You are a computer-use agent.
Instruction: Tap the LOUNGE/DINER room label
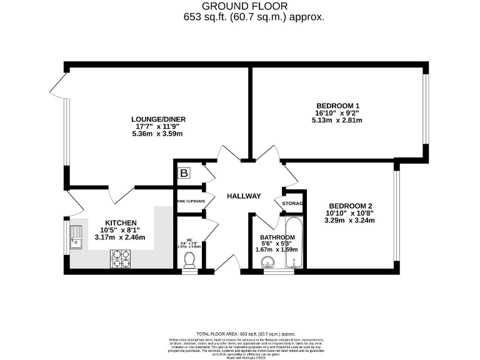coord(158,119)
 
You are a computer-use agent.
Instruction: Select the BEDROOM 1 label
coord(337,106)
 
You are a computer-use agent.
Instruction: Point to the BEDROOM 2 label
coord(351,206)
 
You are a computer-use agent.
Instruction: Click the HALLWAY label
coord(244,196)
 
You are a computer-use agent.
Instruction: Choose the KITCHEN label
coord(121,222)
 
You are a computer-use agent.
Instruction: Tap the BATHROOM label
coord(277,237)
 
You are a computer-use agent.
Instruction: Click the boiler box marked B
coord(184,173)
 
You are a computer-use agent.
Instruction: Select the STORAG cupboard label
coord(293,204)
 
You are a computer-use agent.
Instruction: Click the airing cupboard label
coord(191,201)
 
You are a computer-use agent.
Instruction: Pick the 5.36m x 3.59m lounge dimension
coord(158,134)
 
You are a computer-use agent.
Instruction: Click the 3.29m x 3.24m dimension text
coord(351,221)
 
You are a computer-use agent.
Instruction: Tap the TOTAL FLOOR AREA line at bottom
coord(246,334)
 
